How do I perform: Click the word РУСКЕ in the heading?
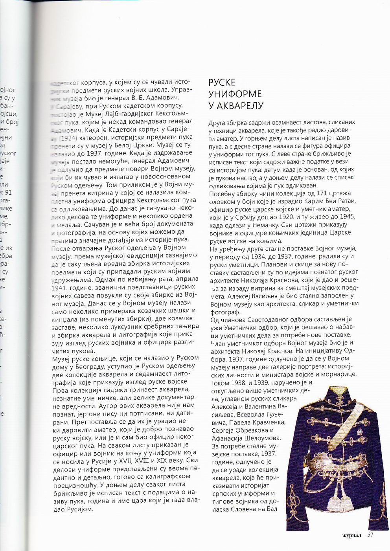coord(222,82)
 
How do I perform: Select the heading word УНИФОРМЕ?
coord(235,94)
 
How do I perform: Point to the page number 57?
coord(371,534)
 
